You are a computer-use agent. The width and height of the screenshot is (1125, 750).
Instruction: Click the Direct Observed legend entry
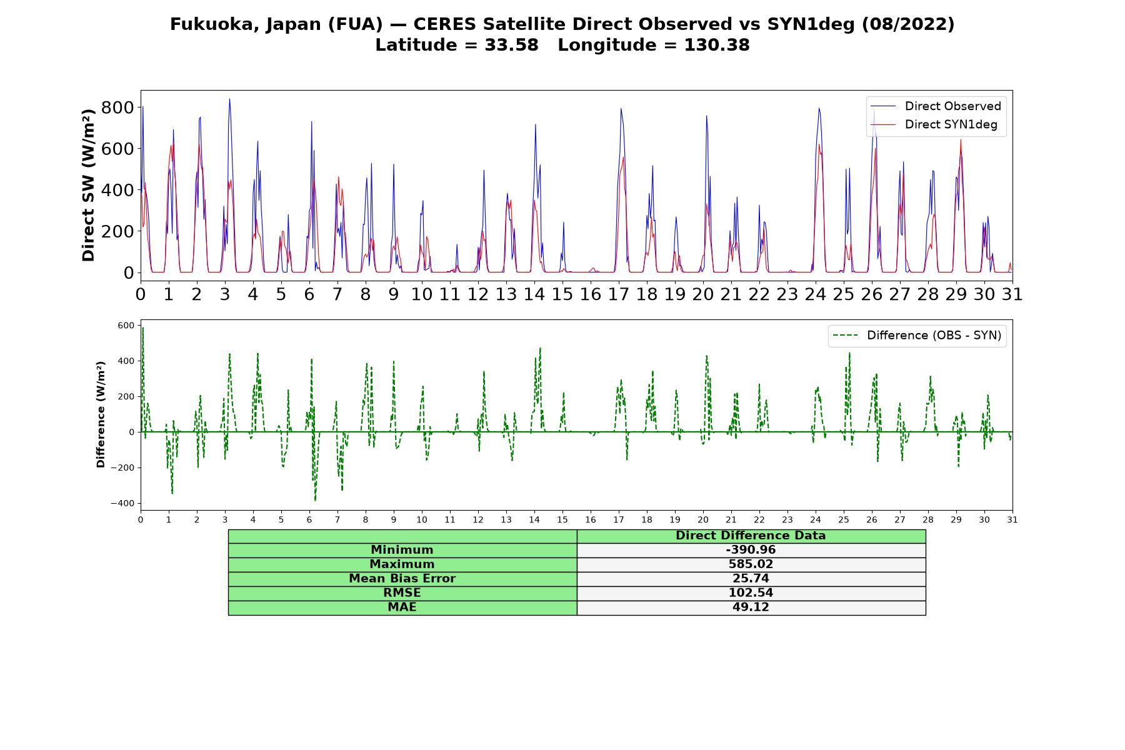point(936,106)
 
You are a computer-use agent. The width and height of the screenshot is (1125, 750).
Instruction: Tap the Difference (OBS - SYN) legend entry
point(917,336)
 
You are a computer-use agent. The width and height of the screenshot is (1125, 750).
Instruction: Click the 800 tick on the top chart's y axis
point(117,107)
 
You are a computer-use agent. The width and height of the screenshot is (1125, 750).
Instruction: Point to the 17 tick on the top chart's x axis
point(619,294)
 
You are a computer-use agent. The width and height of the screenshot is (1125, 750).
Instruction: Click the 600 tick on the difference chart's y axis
point(126,326)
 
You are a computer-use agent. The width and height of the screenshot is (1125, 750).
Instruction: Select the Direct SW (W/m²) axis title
point(88,185)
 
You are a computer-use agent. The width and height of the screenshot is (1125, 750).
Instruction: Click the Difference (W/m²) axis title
point(101,415)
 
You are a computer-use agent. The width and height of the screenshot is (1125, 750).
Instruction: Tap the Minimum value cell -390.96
point(751,550)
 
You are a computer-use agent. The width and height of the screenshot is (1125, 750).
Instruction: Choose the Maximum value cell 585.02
point(751,564)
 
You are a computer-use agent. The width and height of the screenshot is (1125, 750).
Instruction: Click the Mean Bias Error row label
point(402,579)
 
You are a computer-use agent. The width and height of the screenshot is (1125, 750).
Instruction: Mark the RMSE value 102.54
point(751,593)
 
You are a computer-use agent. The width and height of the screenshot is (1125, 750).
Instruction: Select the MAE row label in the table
point(402,607)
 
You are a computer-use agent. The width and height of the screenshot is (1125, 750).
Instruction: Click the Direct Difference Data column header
point(751,536)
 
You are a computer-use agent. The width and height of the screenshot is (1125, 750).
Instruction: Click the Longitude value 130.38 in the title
point(717,45)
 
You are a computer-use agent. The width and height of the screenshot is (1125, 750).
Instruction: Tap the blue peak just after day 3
point(229,99)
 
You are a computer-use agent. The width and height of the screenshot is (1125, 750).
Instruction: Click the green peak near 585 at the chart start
point(142,327)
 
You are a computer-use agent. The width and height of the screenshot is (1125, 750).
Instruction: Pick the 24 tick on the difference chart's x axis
point(816,519)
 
